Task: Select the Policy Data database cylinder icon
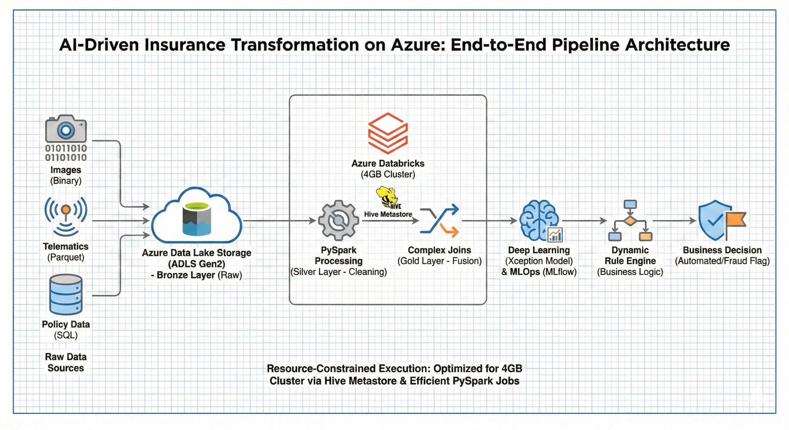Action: tap(66, 295)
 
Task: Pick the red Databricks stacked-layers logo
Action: tap(388, 133)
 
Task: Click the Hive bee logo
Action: tap(387, 197)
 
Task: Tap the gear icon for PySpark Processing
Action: tap(338, 220)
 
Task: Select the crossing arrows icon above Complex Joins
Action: tap(440, 220)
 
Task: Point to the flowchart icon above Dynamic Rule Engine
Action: tap(630, 220)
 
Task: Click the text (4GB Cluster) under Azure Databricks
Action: tap(388, 174)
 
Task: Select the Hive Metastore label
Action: tap(388, 214)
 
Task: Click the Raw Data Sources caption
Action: tap(66, 362)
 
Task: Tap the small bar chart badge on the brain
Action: tap(555, 235)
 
